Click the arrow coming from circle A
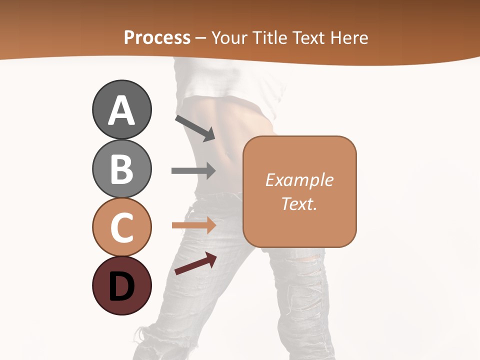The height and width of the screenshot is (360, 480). [195, 128]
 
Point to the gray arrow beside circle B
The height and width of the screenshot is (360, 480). [193, 170]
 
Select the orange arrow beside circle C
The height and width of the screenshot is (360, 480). [193, 225]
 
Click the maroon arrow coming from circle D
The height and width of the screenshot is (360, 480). [195, 264]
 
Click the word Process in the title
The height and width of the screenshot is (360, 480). [157, 38]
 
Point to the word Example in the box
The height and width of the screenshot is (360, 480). [299, 180]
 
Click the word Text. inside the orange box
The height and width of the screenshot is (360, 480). [299, 203]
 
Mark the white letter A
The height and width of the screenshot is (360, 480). [121, 110]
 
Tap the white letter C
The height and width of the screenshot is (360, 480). [121, 227]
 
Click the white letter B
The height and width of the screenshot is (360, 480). [121, 169]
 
